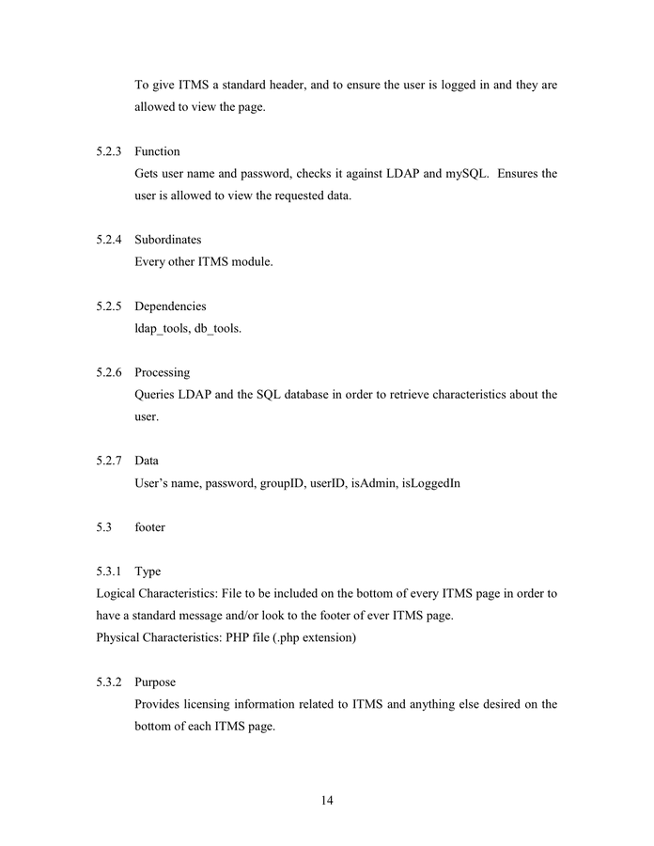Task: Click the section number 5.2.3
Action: click(109, 151)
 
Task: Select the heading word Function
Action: click(157, 151)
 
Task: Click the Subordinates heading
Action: click(167, 240)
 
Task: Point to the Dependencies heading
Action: click(170, 306)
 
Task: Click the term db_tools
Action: click(217, 329)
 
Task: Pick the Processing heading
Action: click(162, 372)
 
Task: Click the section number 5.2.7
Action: click(109, 461)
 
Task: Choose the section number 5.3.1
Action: click(109, 572)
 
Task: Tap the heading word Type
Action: click(148, 572)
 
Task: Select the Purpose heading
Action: click(155, 681)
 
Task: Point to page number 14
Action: click(327, 801)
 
